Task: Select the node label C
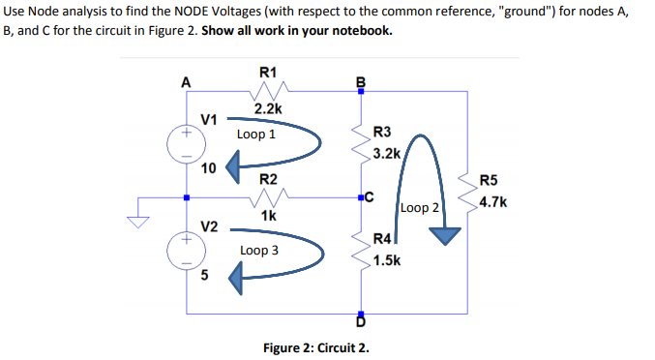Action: (369, 198)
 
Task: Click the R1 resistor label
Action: (268, 72)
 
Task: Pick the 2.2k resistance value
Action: (268, 110)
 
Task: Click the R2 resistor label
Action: (268, 180)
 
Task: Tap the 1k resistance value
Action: (268, 216)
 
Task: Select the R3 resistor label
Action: (382, 133)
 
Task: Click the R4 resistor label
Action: (382, 239)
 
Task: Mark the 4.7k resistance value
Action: (493, 202)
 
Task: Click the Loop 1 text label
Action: (255, 135)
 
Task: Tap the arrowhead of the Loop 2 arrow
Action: (444, 234)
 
